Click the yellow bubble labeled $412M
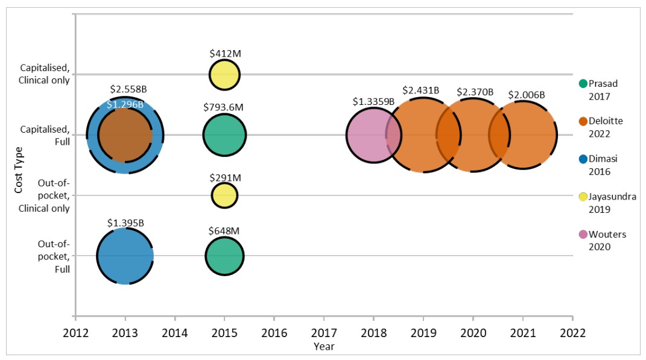(x=224, y=75)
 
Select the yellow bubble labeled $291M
(x=224, y=195)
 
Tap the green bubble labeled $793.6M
(x=224, y=134)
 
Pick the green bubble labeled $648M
(x=224, y=256)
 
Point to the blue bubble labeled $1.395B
(x=125, y=256)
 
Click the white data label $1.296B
(x=125, y=104)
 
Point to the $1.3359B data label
(x=373, y=101)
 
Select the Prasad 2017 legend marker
(x=583, y=84)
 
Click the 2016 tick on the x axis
(x=274, y=332)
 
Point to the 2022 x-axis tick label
(x=572, y=332)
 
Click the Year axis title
(x=323, y=346)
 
